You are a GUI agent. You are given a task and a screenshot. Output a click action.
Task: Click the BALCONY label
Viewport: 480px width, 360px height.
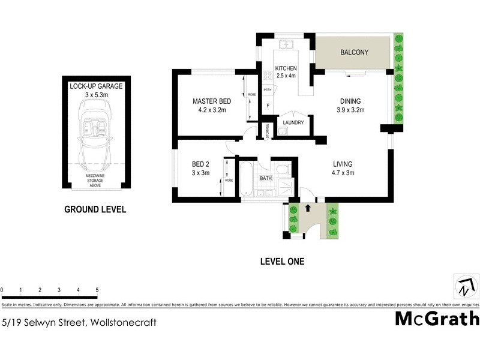(x=354, y=53)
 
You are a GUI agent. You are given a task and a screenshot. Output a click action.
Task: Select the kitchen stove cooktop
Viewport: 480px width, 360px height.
(x=267, y=76)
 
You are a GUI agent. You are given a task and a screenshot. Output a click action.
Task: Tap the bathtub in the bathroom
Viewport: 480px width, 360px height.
(x=245, y=178)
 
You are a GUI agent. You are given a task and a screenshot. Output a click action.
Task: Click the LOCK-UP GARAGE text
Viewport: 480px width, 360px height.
(x=96, y=86)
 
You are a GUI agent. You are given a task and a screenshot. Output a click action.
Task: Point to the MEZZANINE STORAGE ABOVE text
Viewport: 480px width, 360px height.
(x=96, y=180)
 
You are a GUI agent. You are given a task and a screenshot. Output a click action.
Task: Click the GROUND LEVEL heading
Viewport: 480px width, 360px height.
(x=95, y=210)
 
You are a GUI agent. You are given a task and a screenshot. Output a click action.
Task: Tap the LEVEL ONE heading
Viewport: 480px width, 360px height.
(x=282, y=262)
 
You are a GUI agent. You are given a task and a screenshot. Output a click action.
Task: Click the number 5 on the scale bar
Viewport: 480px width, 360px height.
(x=97, y=290)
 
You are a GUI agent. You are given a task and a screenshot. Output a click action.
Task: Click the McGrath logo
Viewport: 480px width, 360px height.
(x=437, y=318)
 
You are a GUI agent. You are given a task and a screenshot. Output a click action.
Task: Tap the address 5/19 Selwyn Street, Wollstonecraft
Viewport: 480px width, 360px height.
(x=79, y=322)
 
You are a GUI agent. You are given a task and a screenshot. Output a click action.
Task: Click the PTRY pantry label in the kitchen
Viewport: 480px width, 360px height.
(x=268, y=90)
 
